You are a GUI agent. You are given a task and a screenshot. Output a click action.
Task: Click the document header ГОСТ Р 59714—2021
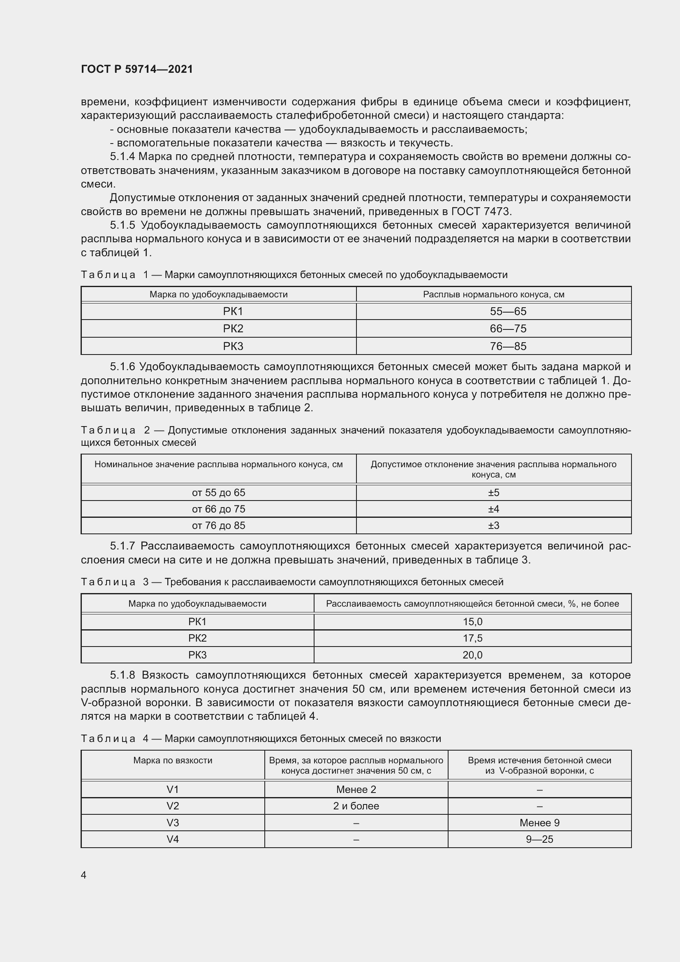pyautogui.click(x=137, y=69)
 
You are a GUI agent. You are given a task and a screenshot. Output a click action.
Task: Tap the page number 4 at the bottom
pyautogui.click(x=83, y=875)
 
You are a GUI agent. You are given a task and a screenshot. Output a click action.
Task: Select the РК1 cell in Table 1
pyautogui.click(x=233, y=311)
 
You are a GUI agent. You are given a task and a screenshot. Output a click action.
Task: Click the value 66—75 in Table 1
pyautogui.click(x=508, y=329)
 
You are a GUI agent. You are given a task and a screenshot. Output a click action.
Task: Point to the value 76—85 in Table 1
pyautogui.click(x=508, y=346)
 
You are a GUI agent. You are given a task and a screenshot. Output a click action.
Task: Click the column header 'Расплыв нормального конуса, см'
pyautogui.click(x=493, y=294)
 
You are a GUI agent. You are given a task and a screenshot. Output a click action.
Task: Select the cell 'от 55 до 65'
pyautogui.click(x=218, y=493)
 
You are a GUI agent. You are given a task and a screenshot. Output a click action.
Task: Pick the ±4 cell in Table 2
pyautogui.click(x=493, y=509)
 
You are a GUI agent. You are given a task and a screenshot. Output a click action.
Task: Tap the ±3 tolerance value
pyautogui.click(x=493, y=525)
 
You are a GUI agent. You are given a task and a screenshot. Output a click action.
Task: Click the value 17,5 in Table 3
pyautogui.click(x=472, y=638)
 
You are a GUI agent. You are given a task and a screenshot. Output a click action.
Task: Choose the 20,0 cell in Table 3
pyautogui.click(x=472, y=655)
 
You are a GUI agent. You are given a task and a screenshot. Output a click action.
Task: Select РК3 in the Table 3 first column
pyautogui.click(x=197, y=655)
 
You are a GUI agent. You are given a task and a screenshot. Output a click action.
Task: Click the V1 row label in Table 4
pyautogui.click(x=173, y=789)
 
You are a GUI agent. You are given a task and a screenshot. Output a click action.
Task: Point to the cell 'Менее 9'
pyautogui.click(x=539, y=823)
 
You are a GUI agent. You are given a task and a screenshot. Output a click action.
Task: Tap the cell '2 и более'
pyautogui.click(x=356, y=806)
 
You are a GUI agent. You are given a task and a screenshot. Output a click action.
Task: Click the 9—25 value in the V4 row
pyautogui.click(x=539, y=839)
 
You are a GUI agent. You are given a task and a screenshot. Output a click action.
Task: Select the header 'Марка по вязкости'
pyautogui.click(x=173, y=760)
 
